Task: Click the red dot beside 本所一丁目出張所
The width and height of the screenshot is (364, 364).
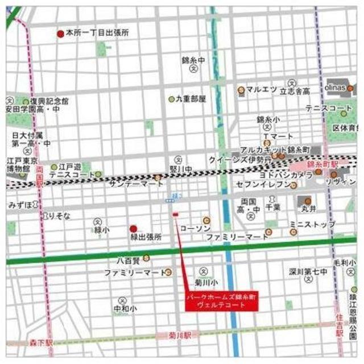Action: pyautogui.click(x=60, y=34)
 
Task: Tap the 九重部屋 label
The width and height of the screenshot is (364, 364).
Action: pyautogui.click(x=191, y=98)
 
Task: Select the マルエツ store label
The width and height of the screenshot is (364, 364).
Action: pyautogui.click(x=261, y=90)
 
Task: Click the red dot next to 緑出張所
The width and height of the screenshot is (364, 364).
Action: pyautogui.click(x=133, y=227)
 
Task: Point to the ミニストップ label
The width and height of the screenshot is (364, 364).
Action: pyautogui.click(x=312, y=225)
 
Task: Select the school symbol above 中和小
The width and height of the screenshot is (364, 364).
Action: pyautogui.click(x=122, y=300)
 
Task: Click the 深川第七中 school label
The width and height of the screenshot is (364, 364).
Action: pyautogui.click(x=308, y=272)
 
